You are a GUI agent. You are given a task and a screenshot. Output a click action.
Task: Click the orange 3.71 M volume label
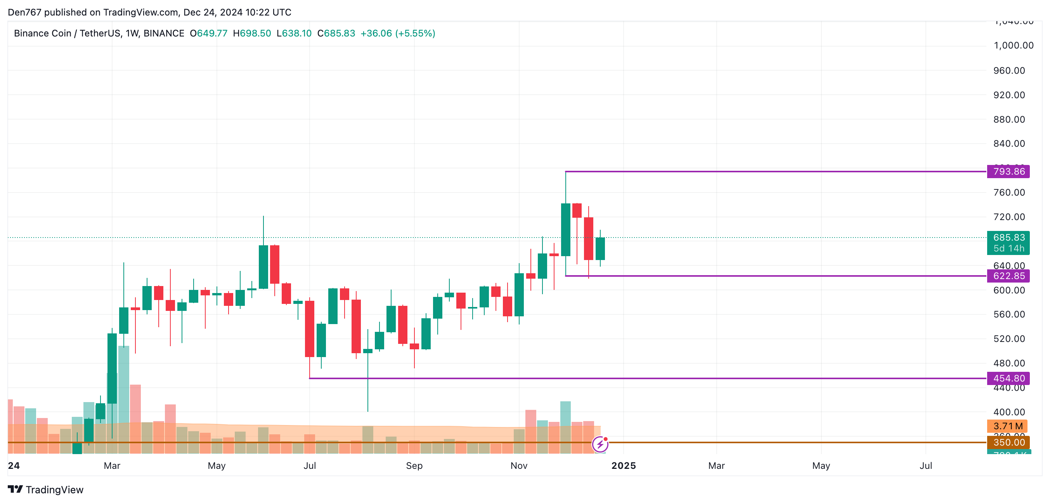(1007, 426)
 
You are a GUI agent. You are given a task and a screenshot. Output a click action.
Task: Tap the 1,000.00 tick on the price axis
(1013, 45)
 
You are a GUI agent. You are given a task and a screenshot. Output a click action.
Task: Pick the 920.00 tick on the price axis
(1009, 95)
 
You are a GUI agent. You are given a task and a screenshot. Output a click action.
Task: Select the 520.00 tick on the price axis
(1009, 339)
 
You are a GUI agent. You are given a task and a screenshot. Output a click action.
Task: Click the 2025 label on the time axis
(623, 465)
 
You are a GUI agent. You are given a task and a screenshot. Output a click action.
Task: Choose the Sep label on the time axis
(414, 465)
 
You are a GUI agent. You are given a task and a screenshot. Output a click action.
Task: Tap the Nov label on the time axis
(518, 465)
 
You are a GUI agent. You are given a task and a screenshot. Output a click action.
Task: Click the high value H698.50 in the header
(251, 33)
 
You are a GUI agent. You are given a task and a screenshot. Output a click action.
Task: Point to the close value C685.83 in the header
(336, 33)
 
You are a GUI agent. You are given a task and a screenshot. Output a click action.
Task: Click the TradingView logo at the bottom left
(46, 489)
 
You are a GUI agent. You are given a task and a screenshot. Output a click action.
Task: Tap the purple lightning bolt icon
(600, 444)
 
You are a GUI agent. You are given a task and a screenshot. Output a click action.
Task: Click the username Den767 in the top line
(24, 12)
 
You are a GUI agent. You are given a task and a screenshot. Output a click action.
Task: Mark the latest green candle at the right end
(600, 249)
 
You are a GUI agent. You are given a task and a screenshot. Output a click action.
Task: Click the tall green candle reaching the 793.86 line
(565, 229)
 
